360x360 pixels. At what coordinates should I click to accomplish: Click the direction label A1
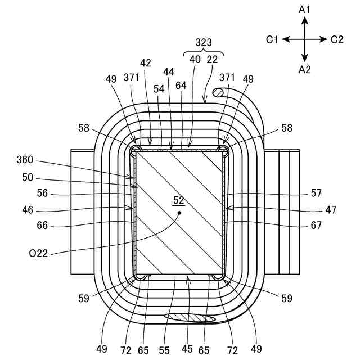(304, 10)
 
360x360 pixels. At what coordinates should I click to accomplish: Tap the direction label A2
(304, 69)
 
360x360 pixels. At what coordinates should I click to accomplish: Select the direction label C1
(273, 39)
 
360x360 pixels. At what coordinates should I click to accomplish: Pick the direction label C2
(337, 39)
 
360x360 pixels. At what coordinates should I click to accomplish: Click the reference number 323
(204, 42)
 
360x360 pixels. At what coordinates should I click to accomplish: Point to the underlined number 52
(179, 200)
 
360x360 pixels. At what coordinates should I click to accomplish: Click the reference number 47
(331, 210)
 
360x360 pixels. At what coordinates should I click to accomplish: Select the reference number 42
(146, 64)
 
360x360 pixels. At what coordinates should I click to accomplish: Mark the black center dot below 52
(179, 213)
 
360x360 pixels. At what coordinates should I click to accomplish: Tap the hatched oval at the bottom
(190, 318)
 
